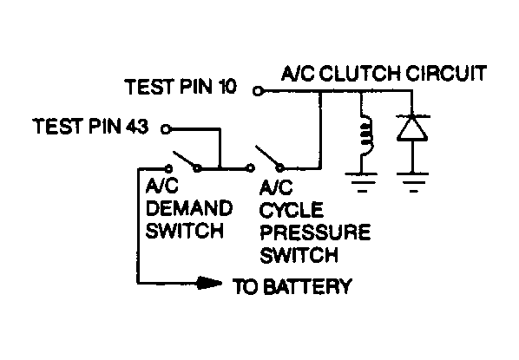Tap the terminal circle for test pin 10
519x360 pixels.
(x=257, y=89)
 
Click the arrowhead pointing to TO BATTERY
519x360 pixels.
(x=211, y=283)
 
